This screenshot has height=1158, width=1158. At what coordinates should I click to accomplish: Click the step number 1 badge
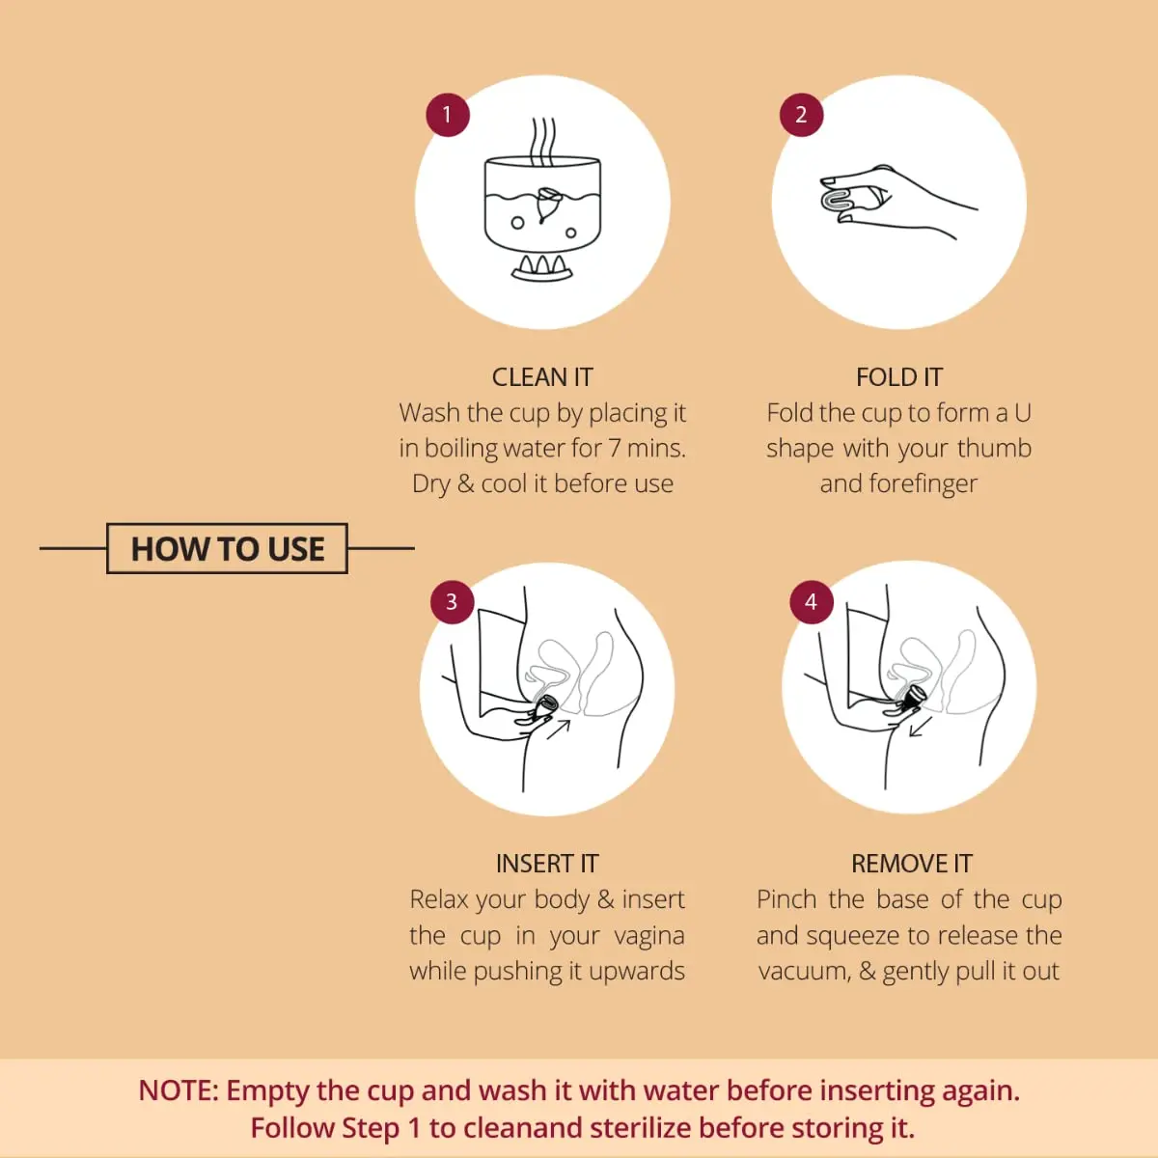[x=447, y=115]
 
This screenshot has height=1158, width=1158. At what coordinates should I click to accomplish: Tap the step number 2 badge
[x=801, y=115]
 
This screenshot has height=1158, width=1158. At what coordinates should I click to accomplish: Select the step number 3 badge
[x=452, y=602]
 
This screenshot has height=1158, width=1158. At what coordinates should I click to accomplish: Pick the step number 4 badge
[x=811, y=602]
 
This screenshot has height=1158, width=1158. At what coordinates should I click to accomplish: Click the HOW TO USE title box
[x=227, y=548]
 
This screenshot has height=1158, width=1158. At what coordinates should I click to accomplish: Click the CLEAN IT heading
[x=542, y=377]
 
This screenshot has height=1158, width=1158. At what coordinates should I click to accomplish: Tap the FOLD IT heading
[x=898, y=377]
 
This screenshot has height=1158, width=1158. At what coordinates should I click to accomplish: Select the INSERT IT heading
[x=547, y=864]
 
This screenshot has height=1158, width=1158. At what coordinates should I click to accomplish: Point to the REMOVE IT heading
[x=911, y=864]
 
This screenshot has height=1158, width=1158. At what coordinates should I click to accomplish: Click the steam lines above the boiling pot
[x=543, y=141]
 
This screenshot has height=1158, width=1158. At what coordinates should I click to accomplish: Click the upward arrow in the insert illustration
[x=559, y=729]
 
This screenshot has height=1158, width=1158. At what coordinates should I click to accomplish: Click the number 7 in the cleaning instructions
[x=614, y=449]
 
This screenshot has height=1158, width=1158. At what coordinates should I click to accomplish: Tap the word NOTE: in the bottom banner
[x=179, y=1090]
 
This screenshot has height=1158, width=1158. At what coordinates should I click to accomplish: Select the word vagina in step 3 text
[x=649, y=936]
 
